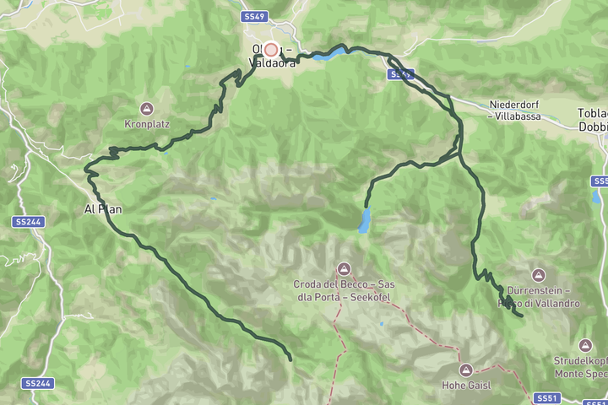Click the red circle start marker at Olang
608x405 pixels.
(271, 50)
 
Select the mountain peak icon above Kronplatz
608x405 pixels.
(147, 109)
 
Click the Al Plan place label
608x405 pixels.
(106, 209)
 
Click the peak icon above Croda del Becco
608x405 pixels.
(344, 269)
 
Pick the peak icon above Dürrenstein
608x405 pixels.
(538, 275)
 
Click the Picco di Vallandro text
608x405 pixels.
(549, 303)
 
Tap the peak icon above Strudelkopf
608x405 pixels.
(585, 345)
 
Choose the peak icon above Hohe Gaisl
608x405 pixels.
(465, 370)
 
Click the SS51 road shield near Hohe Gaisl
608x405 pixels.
(546, 397)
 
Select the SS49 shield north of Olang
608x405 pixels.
(253, 17)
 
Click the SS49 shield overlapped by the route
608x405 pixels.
(401, 75)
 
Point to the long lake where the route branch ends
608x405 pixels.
(365, 221)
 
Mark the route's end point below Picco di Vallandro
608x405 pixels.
(521, 316)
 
